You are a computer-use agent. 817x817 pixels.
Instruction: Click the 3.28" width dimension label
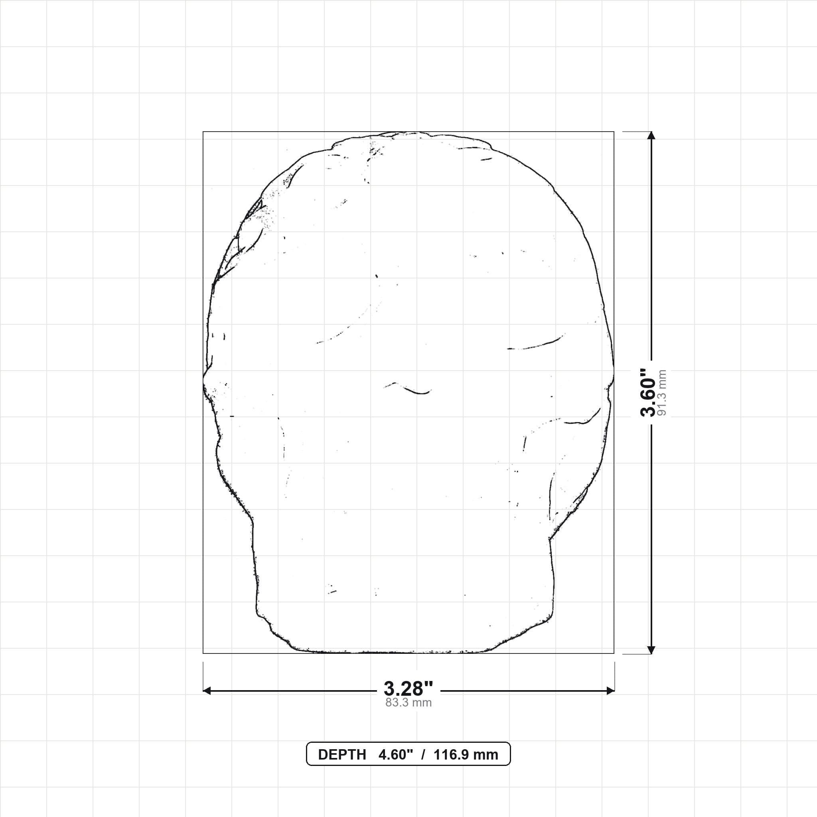point(408,689)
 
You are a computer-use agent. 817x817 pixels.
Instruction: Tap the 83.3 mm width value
point(408,703)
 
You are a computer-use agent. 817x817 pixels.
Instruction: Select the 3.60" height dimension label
point(647,393)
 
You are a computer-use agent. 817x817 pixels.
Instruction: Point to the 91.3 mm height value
point(662,393)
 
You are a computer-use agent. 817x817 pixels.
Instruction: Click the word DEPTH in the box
point(342,755)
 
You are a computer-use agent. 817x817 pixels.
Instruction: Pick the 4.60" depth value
point(395,754)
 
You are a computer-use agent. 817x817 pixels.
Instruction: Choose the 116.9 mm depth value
point(466,755)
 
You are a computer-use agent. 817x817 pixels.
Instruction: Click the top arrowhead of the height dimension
point(651,135)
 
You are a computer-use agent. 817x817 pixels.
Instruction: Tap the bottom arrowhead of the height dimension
point(651,649)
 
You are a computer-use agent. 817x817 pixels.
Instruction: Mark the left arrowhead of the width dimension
point(207,691)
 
